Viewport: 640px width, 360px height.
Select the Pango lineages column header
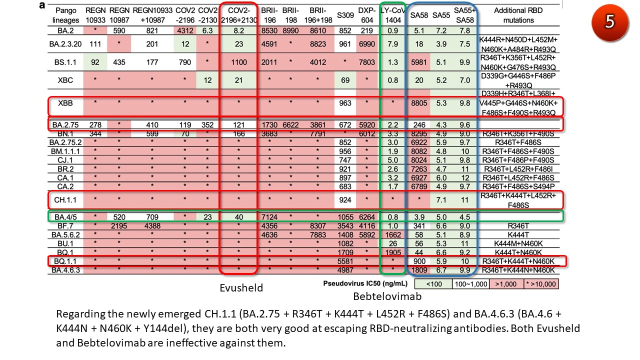pyautogui.click(x=66, y=15)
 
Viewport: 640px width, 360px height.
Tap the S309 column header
pyautogui.click(x=345, y=15)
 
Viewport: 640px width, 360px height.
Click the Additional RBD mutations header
pyautogui.click(x=518, y=15)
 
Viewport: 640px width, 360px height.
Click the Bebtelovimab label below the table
pyautogui.click(x=387, y=296)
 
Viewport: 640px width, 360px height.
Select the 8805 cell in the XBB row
pyautogui.click(x=418, y=104)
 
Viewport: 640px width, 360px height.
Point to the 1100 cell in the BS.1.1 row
pyautogui.click(x=238, y=62)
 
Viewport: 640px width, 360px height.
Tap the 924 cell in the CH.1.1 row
pyautogui.click(x=345, y=200)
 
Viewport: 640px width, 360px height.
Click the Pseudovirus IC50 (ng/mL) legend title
pyautogui.click(x=366, y=284)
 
